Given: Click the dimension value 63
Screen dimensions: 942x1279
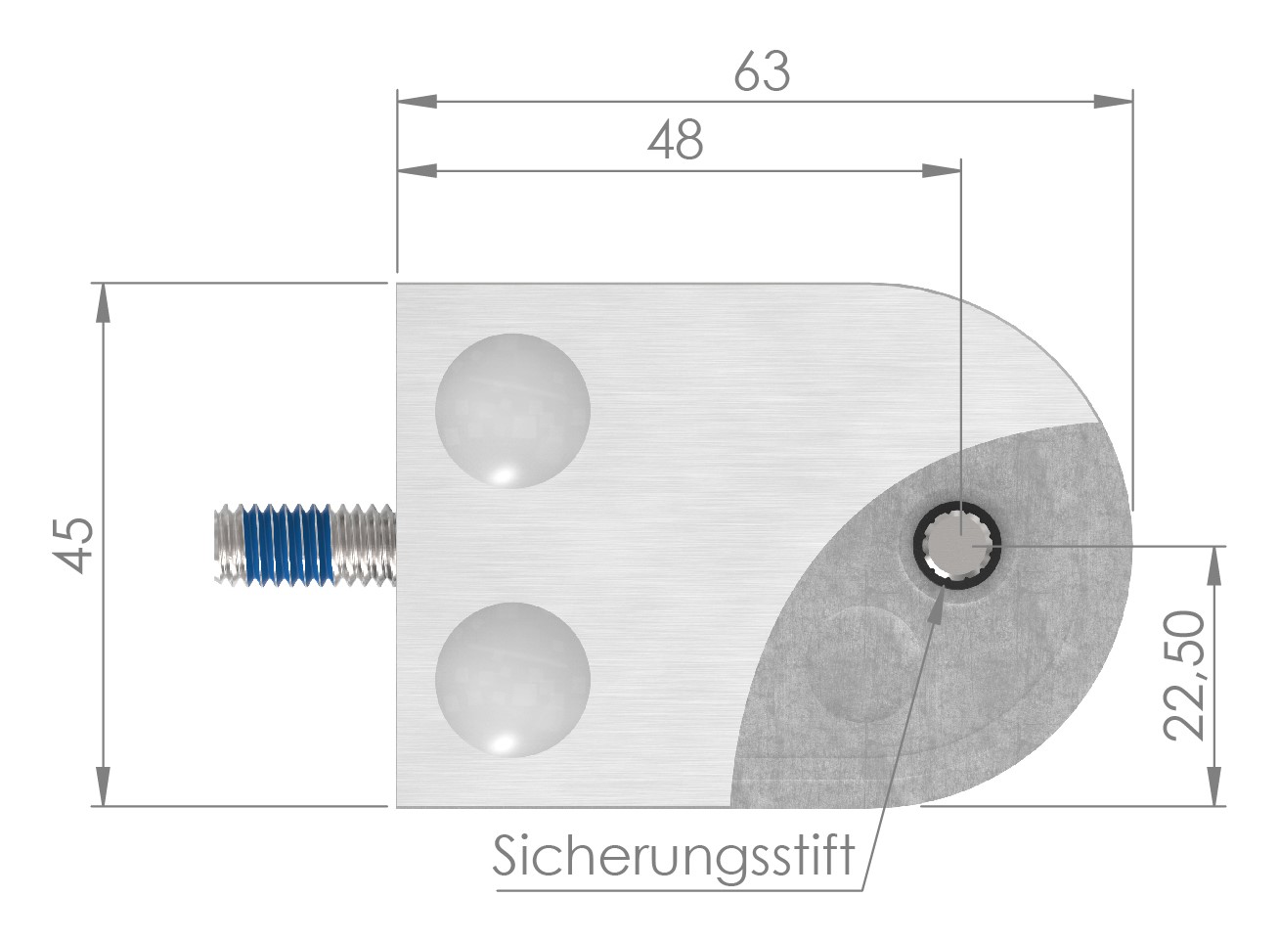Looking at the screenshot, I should click(762, 73).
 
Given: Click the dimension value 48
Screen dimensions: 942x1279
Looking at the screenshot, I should click(676, 143).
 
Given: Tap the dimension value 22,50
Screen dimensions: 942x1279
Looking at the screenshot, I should click(1184, 675).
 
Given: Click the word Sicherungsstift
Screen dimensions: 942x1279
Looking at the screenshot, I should click(674, 857).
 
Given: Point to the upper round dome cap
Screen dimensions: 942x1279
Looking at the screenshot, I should click(512, 411).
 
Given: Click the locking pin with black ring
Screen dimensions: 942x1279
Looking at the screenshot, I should click(958, 545).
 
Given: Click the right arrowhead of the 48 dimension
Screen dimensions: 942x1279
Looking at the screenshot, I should click(942, 172).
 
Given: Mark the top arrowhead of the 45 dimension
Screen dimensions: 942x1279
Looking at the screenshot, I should click(102, 302).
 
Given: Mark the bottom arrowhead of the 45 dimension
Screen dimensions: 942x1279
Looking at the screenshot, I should click(102, 788).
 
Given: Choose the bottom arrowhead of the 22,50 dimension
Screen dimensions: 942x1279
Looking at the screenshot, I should click(1215, 788).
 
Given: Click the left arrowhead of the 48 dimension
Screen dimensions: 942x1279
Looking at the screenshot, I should click(415, 172).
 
